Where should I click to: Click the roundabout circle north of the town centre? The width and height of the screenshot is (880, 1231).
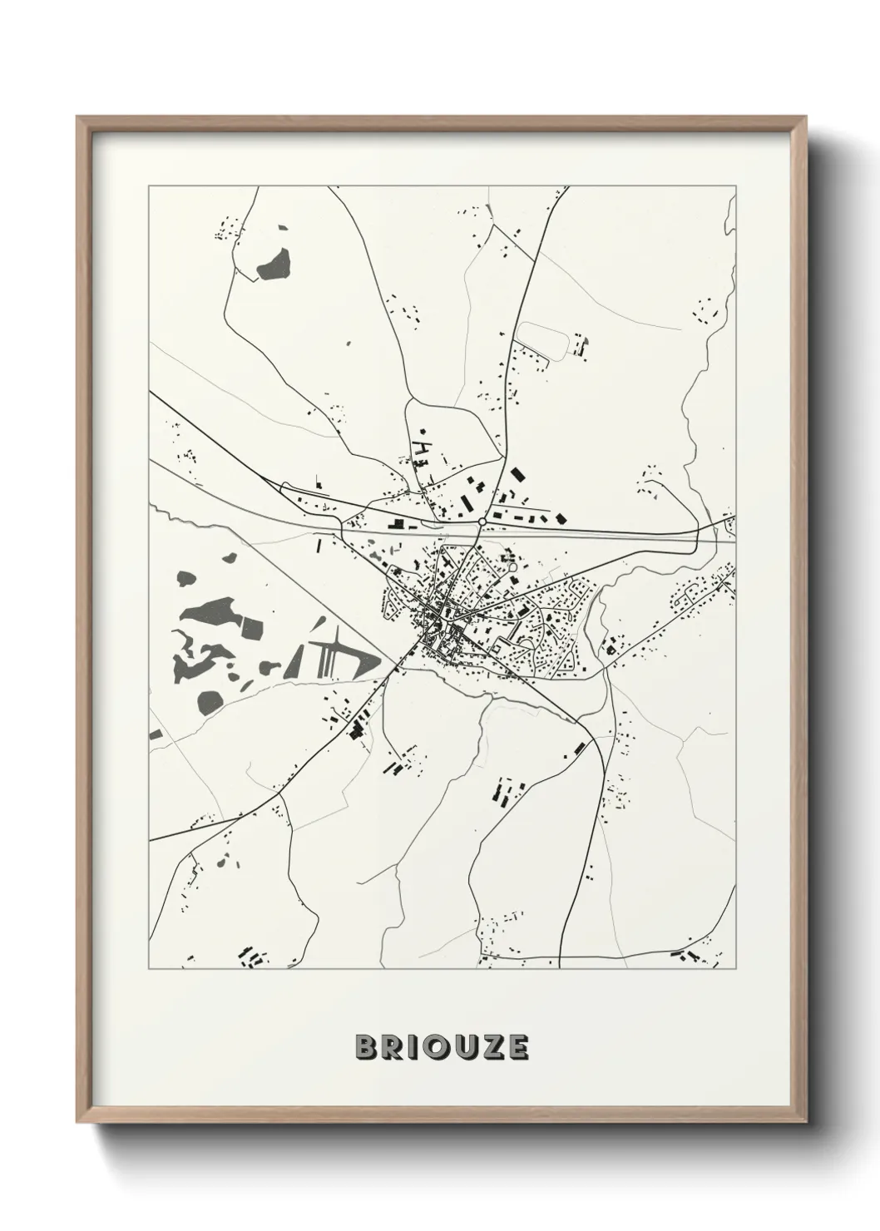[482, 522]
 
